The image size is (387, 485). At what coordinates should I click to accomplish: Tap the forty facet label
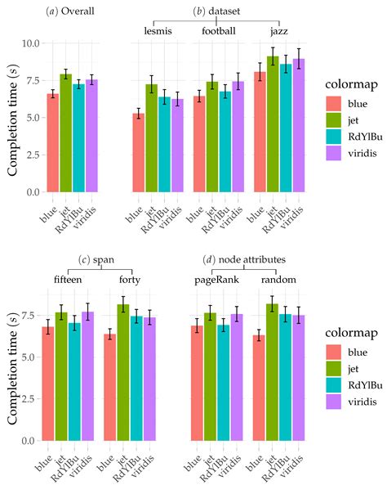pyautogui.click(x=129, y=280)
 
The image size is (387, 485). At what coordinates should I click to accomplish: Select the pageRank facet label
pyautogui.click(x=216, y=280)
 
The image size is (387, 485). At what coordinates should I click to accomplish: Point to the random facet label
pyautogui.click(x=277, y=280)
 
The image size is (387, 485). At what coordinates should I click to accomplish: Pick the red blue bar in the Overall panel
pyautogui.click(x=52, y=143)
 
